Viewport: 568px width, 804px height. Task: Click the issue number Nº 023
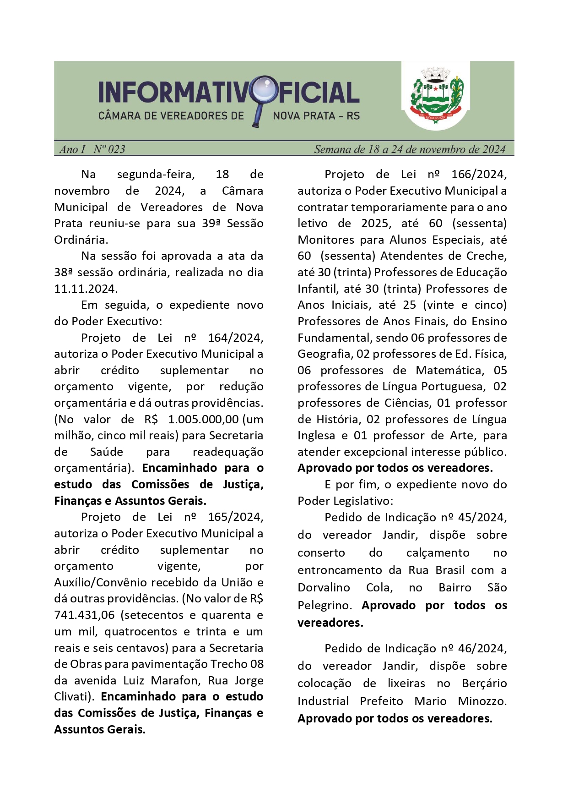pos(109,149)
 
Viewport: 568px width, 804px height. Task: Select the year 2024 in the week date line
pos(494,149)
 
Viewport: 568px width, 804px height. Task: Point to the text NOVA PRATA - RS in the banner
pos(316,116)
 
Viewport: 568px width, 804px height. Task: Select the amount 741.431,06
pos(84,615)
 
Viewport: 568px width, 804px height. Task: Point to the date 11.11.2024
pos(86,289)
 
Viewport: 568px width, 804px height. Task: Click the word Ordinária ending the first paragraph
pos(81,240)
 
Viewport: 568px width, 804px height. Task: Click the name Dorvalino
pos(324,588)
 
